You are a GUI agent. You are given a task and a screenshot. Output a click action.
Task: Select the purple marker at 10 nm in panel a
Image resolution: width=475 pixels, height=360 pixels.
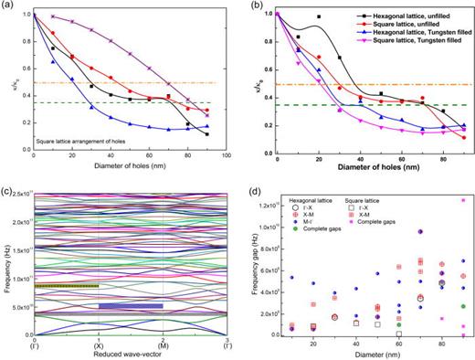53,16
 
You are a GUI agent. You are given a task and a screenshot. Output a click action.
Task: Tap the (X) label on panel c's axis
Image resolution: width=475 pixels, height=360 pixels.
98,344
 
